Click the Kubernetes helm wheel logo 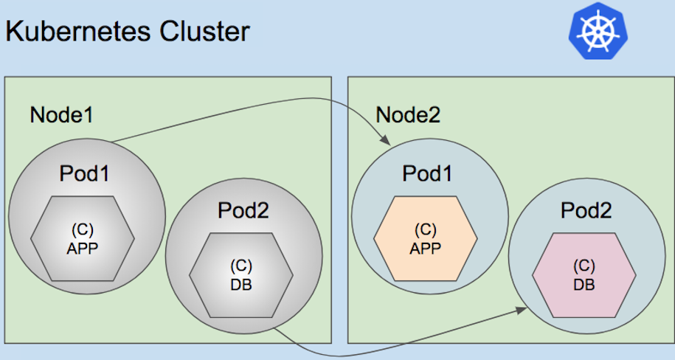(598, 30)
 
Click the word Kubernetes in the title (78, 32)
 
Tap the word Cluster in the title (204, 31)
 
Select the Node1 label (61, 115)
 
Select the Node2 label (408, 115)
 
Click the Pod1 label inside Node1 (84, 173)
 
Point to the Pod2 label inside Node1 (243, 210)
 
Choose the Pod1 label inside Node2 (427, 173)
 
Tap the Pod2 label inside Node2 (586, 210)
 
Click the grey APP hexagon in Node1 (83, 238)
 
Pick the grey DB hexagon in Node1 (241, 275)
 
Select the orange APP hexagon (426, 238)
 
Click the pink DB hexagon (584, 275)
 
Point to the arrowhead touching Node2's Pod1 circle (385, 140)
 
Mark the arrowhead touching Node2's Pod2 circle (521, 311)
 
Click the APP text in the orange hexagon (426, 249)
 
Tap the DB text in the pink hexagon (584, 285)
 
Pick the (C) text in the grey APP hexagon (83, 230)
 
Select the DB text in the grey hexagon (241, 285)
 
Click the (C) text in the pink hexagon (584, 266)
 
